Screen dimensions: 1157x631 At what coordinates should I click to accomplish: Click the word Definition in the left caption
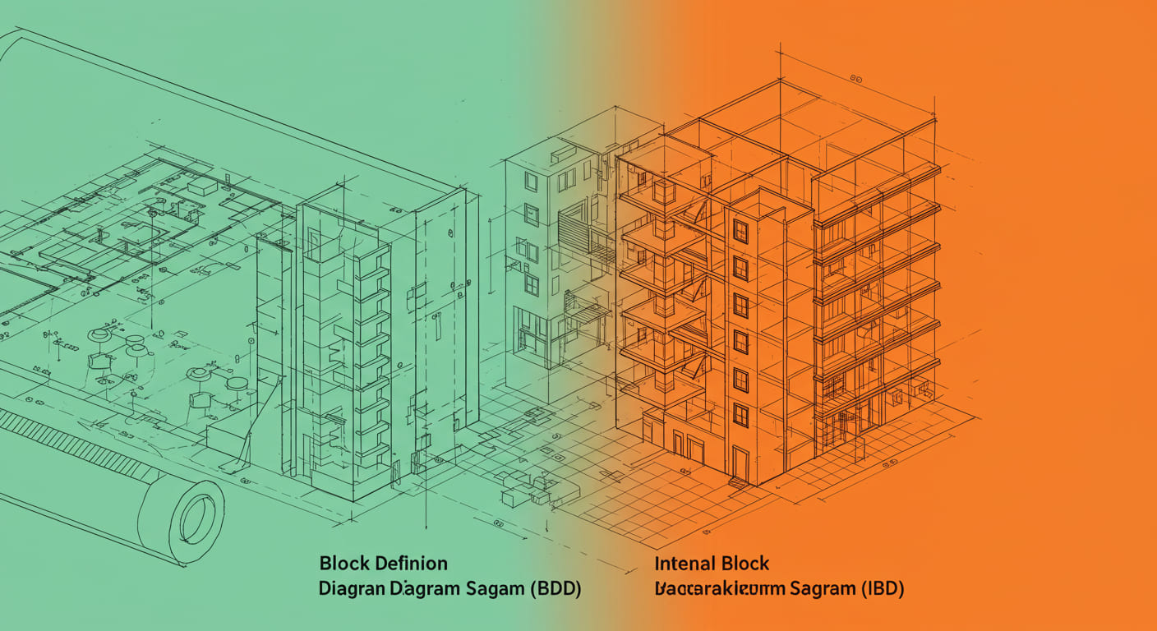point(411,564)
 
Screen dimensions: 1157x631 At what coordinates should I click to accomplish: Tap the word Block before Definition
point(344,564)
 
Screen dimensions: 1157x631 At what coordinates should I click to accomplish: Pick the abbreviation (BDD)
point(555,589)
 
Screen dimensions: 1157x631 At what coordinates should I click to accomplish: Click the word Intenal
point(685,564)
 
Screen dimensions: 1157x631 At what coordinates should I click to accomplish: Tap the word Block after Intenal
point(744,564)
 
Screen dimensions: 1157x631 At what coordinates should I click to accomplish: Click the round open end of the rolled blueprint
point(196,519)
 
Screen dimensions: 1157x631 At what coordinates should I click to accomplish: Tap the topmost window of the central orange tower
point(740,231)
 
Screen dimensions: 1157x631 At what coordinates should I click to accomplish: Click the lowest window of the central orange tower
point(740,415)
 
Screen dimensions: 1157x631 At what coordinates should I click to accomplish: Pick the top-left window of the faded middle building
point(531,182)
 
